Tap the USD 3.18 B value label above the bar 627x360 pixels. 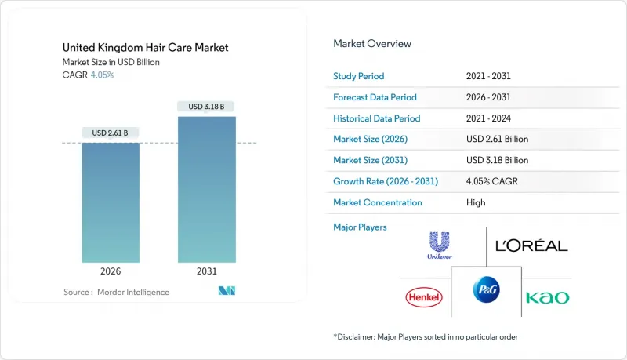click(207, 107)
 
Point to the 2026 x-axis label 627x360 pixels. click(111, 272)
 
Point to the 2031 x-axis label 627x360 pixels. click(207, 272)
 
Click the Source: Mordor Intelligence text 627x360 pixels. click(116, 293)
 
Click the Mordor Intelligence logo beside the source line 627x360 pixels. click(227, 292)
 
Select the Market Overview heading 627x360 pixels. click(372, 44)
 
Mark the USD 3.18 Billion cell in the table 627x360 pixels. click(497, 160)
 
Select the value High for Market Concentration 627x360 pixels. click(476, 202)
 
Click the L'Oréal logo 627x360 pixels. click(532, 246)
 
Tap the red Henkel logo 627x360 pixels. click(423, 297)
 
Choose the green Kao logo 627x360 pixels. click(548, 297)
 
